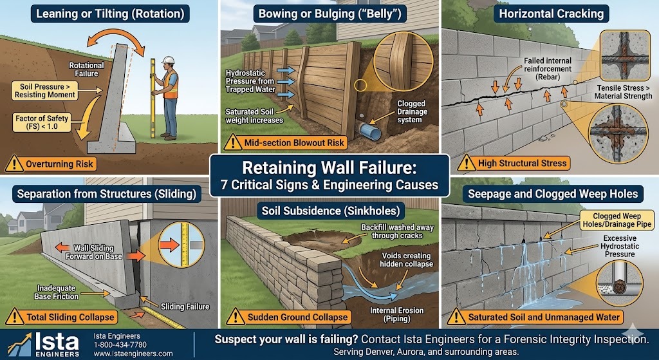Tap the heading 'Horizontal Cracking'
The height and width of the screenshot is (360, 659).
click(550, 13)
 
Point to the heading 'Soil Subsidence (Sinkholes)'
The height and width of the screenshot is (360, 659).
click(329, 210)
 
